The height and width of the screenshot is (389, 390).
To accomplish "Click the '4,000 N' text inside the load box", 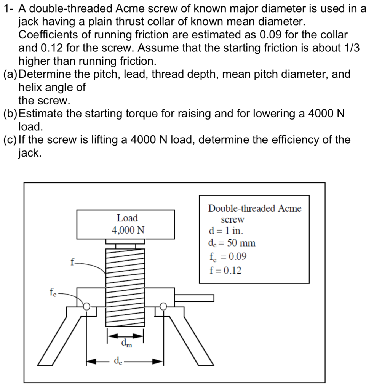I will tap(128, 230).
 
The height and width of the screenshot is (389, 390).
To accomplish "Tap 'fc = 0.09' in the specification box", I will tap(228, 257).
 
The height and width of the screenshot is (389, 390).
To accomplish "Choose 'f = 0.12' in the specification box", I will tap(225, 271).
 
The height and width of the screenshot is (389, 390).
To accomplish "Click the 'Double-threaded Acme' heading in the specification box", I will tap(254, 208).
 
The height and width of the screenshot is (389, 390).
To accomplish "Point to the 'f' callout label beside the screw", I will tap(72, 262).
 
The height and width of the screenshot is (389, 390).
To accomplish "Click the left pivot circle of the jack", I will tap(87, 306).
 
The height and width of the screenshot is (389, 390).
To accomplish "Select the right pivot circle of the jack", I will tap(163, 306).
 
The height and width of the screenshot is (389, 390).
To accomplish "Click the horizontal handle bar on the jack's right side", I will tap(194, 297).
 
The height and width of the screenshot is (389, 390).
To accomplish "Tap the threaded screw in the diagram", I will tap(125, 286).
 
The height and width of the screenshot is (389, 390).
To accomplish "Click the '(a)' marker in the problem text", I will tap(10, 74).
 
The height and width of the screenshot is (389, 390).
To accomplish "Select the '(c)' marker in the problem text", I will tap(10, 140).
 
